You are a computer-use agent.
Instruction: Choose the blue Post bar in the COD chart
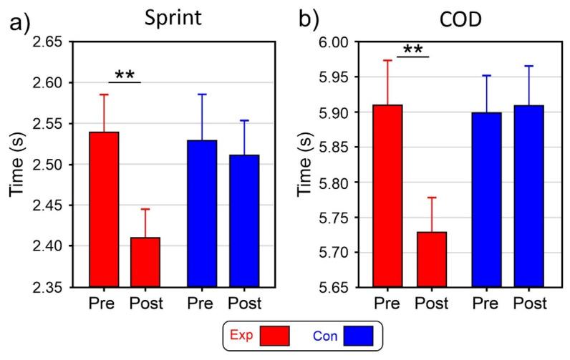(528, 196)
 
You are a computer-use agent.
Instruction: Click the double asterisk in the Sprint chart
(125, 74)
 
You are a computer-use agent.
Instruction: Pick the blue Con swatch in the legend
(362, 335)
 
